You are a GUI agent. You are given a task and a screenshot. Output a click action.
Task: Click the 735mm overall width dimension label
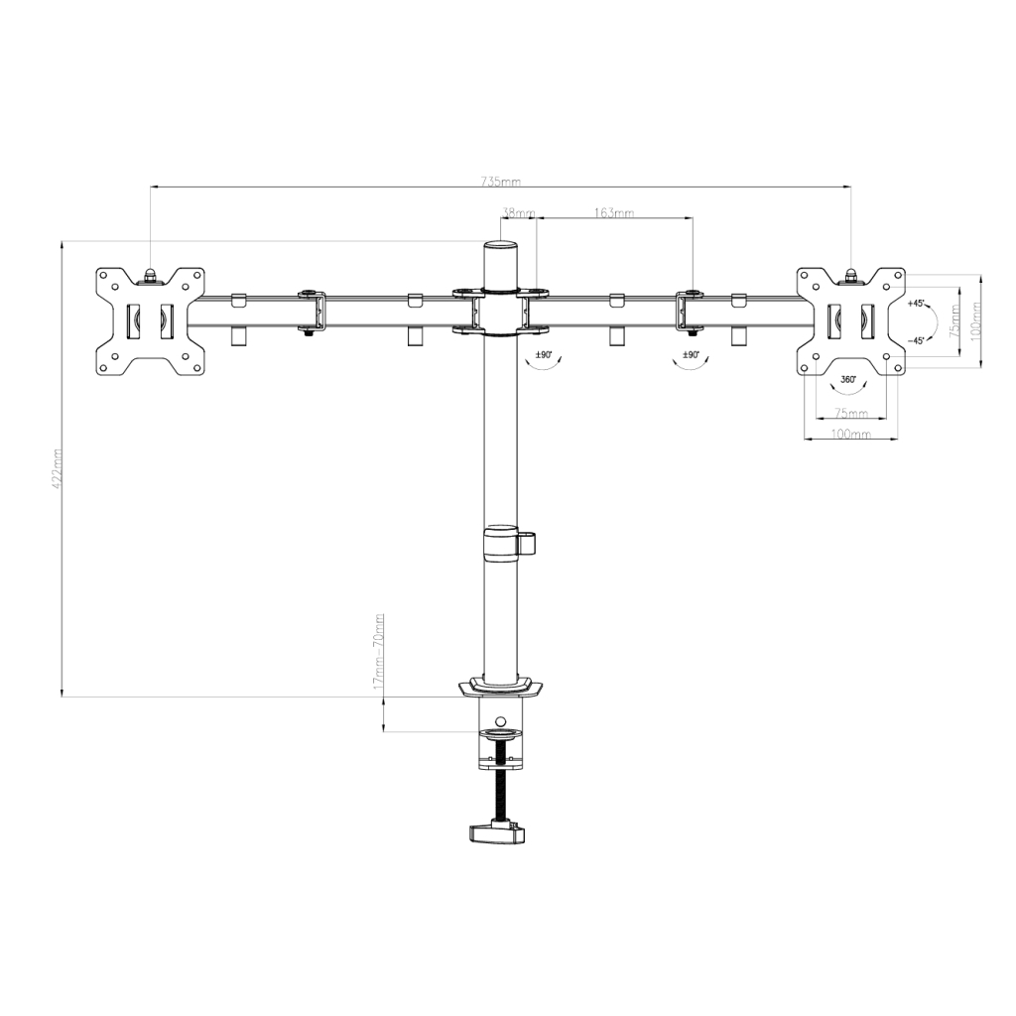pyautogui.click(x=500, y=182)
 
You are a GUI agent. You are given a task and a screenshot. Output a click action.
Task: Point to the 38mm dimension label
pyautogui.click(x=518, y=212)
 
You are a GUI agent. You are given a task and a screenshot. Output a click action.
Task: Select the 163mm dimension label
pyautogui.click(x=614, y=212)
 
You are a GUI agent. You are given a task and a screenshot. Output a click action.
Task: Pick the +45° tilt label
pyautogui.click(x=916, y=303)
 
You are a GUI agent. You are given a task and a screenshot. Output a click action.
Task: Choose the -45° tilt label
pyautogui.click(x=916, y=340)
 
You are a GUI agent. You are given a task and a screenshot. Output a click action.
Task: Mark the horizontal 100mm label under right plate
pyautogui.click(x=849, y=435)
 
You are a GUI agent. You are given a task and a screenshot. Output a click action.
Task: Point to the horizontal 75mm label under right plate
pyautogui.click(x=849, y=413)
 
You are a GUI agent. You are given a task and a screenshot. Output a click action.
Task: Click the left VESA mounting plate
pyautogui.click(x=150, y=321)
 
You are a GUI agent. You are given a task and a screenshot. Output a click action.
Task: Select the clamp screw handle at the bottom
pyautogui.click(x=495, y=833)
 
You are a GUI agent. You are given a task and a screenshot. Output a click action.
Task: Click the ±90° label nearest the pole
pyautogui.click(x=544, y=354)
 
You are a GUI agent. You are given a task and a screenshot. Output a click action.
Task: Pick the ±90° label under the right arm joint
pyautogui.click(x=691, y=354)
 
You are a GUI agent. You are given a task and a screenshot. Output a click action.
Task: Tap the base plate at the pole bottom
pyautogui.click(x=502, y=687)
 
